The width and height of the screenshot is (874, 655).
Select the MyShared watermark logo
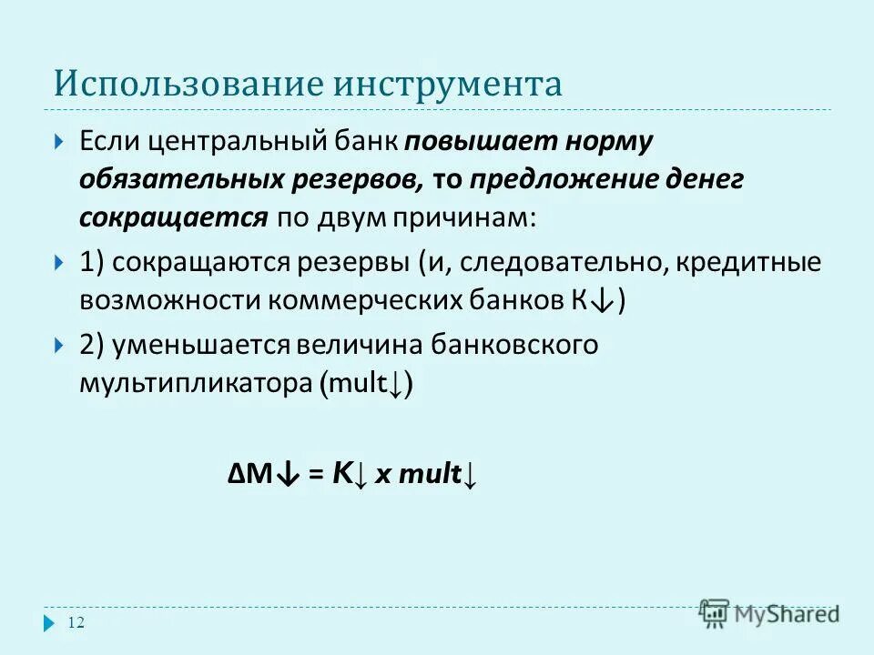coord(770,613)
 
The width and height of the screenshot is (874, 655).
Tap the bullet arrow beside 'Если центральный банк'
coord(59,143)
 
